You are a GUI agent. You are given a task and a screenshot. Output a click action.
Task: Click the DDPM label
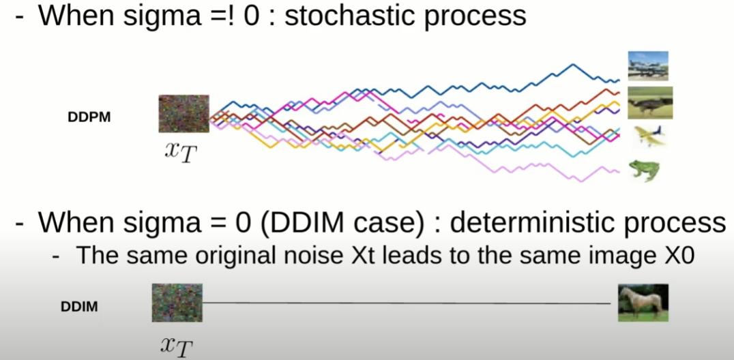coord(89,117)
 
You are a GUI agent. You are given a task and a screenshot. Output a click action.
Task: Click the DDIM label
coord(79,306)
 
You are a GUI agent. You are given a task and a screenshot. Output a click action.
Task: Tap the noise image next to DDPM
coord(183,113)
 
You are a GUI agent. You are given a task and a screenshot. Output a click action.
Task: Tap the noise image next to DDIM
coord(177,303)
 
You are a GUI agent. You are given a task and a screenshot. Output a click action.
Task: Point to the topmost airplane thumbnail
coord(647,66)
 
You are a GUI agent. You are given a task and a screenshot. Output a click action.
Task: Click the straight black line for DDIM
coord(409,303)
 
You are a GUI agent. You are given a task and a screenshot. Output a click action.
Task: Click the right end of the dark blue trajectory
coord(617,80)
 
